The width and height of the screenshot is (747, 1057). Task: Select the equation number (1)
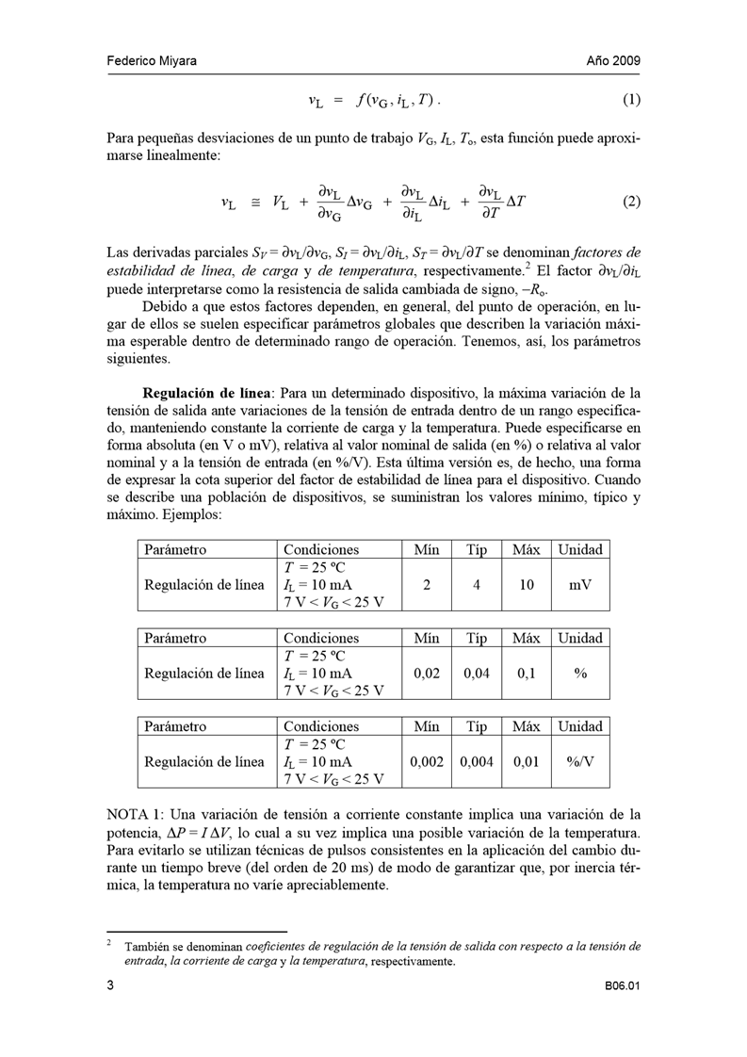pyautogui.click(x=631, y=101)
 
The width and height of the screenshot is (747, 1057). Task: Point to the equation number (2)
pyautogui.click(x=631, y=202)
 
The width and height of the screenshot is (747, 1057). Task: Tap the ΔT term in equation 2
pyautogui.click(x=516, y=202)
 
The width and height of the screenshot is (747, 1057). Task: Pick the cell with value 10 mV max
pyautogui.click(x=528, y=584)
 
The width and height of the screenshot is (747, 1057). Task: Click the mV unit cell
pyautogui.click(x=580, y=584)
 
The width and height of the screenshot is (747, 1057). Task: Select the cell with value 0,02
pyautogui.click(x=428, y=673)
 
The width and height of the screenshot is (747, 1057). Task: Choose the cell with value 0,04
pyautogui.click(x=478, y=673)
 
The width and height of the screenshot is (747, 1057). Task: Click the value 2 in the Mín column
pyautogui.click(x=428, y=584)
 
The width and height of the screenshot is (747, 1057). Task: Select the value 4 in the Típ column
pyautogui.click(x=478, y=584)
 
